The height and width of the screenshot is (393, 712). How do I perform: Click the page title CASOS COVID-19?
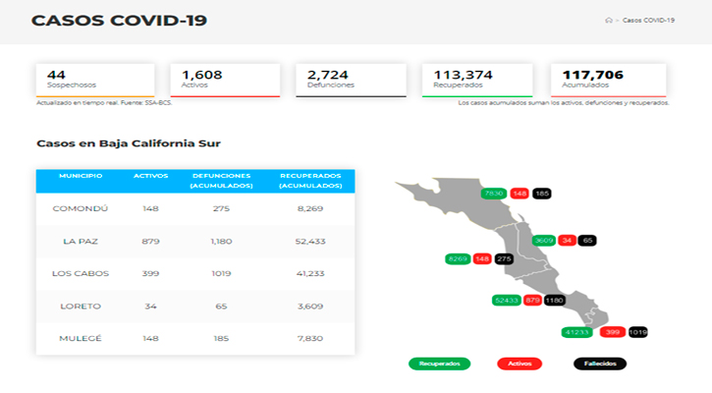click(x=119, y=21)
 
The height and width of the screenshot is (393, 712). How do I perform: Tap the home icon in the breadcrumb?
click(x=609, y=21)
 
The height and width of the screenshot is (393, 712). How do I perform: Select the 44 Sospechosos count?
click(x=56, y=75)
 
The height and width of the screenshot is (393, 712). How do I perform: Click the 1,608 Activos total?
click(x=202, y=75)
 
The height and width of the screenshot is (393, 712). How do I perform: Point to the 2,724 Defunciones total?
click(x=327, y=75)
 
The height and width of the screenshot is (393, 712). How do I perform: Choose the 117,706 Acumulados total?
click(x=593, y=75)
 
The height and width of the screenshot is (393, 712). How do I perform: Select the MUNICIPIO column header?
click(x=81, y=175)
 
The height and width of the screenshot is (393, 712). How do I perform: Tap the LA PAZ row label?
click(x=81, y=242)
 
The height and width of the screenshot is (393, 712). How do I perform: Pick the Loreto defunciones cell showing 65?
click(x=220, y=307)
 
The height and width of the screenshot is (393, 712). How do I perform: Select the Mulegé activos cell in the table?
click(x=150, y=339)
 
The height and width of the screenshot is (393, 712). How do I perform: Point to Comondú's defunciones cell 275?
click(x=220, y=209)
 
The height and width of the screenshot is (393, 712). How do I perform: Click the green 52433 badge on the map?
click(x=508, y=300)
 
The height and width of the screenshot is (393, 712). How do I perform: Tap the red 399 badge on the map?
click(x=614, y=333)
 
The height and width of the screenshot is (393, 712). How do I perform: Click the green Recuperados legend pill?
click(x=439, y=364)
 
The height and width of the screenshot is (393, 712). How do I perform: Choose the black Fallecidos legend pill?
click(x=599, y=364)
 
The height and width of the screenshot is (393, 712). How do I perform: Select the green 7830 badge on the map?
click(x=494, y=194)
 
